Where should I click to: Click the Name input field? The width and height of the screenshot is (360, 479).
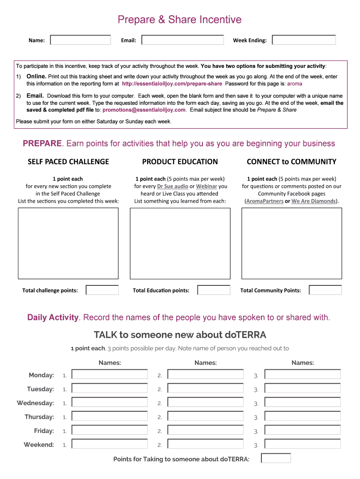(80, 40)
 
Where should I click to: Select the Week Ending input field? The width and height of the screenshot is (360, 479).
(304, 40)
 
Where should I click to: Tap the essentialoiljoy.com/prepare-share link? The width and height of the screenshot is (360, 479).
(172, 84)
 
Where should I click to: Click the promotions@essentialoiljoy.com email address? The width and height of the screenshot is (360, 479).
(144, 110)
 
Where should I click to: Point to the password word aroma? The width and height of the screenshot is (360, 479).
(295, 84)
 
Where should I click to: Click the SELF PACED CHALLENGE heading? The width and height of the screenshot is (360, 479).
(68, 162)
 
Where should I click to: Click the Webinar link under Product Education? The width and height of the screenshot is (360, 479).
(206, 186)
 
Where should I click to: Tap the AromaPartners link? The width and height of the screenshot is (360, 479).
(265, 201)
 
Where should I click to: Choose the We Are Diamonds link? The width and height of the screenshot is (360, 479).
(314, 201)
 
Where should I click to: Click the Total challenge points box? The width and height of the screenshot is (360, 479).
(102, 290)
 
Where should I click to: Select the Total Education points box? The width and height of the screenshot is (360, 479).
(214, 290)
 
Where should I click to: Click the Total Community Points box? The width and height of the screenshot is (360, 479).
(325, 290)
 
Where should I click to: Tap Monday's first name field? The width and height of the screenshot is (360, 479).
(109, 375)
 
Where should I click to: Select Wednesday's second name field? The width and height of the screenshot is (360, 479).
(205, 403)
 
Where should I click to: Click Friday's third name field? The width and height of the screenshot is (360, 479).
(302, 431)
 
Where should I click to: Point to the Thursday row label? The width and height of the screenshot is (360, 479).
(39, 417)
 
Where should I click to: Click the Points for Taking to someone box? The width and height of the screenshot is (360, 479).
(276, 458)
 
